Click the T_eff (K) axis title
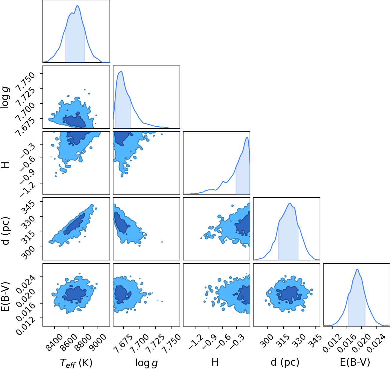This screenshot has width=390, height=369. point(76,363)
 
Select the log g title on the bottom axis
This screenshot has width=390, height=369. point(146,363)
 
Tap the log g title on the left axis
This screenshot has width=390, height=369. point(5,97)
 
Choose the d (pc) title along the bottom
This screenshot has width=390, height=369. point(285,362)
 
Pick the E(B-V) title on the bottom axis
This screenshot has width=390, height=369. point(355,362)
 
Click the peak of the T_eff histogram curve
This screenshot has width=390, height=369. point(78,6)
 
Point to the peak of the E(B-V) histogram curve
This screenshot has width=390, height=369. point(357,269)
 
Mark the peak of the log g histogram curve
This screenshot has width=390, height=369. point(121,72)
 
